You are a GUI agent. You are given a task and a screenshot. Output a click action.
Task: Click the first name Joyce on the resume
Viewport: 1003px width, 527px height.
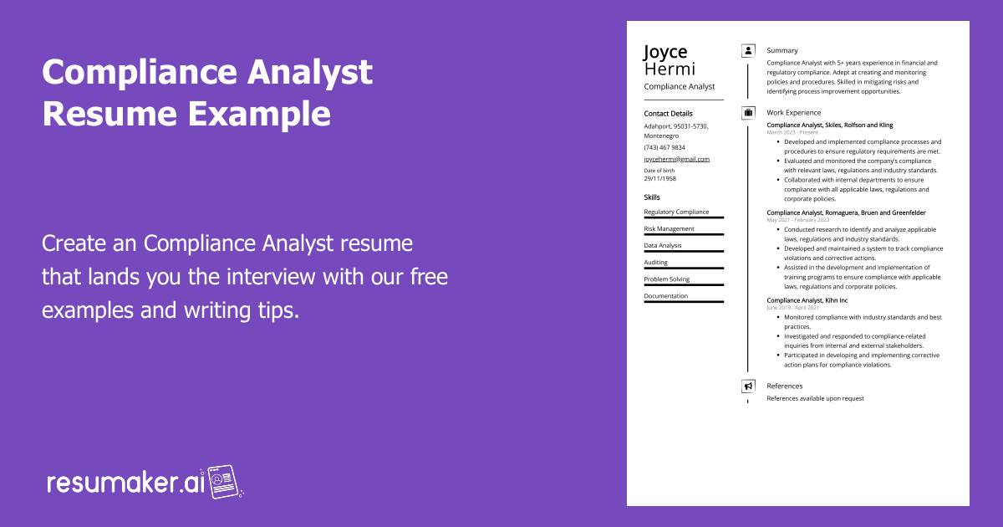665,53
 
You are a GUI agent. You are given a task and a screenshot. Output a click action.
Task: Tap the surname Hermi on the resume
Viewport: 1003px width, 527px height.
670,69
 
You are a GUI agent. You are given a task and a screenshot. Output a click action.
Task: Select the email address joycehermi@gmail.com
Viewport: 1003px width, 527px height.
676,159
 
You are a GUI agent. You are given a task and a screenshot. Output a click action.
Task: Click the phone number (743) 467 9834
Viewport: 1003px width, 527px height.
664,147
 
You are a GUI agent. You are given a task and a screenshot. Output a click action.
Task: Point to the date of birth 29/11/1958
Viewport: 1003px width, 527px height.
660,178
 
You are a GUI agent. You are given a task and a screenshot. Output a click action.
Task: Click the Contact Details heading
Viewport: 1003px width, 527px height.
668,114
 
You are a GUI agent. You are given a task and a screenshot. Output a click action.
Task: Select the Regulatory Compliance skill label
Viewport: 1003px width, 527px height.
676,212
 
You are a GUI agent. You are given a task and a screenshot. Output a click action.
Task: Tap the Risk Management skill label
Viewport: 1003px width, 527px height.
669,229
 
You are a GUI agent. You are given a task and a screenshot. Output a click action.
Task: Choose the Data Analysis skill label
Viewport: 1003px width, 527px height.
663,246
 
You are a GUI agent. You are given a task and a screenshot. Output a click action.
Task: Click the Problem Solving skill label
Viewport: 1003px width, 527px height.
666,279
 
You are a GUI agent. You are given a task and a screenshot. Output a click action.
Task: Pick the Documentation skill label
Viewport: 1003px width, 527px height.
666,296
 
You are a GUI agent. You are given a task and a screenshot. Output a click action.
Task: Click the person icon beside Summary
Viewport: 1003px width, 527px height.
748,51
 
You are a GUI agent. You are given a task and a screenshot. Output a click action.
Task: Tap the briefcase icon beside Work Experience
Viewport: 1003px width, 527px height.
748,113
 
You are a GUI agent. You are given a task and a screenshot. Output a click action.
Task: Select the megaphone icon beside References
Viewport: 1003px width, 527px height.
748,386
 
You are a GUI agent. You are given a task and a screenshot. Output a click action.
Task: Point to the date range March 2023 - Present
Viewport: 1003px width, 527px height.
793,133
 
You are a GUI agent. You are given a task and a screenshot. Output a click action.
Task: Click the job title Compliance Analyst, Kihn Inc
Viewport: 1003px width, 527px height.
807,300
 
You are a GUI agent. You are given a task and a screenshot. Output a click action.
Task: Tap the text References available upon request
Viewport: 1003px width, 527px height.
815,399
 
